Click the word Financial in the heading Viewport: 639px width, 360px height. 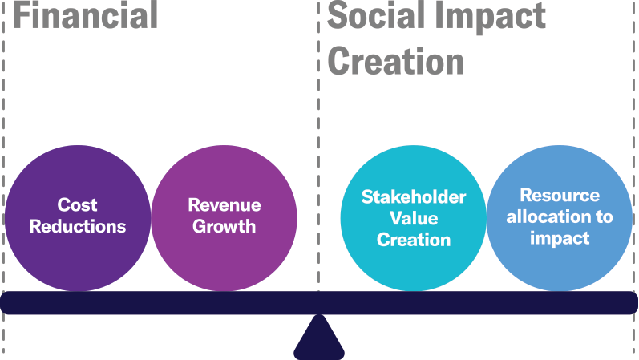tap(86, 14)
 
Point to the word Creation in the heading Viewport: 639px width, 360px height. tap(396, 61)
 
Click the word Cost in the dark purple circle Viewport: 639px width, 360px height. tap(77, 204)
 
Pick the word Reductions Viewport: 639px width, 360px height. tap(78, 226)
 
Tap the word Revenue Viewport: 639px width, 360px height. tap(224, 204)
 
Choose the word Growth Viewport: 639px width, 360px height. tap(224, 226)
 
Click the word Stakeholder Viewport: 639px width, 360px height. tap(413, 197)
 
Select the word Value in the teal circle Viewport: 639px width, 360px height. tap(414, 218)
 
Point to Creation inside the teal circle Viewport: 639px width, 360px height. tap(414, 240)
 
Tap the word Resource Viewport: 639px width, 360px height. tap(560, 196)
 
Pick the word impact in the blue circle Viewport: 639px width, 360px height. tap(560, 238)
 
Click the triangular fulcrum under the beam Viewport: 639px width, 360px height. tap(319, 338)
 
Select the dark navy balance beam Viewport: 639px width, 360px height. tap(319, 302)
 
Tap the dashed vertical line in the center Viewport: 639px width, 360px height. tap(318, 146)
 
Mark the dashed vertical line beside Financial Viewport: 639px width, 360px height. tap(4, 180)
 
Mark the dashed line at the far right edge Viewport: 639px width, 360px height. tap(633, 180)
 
